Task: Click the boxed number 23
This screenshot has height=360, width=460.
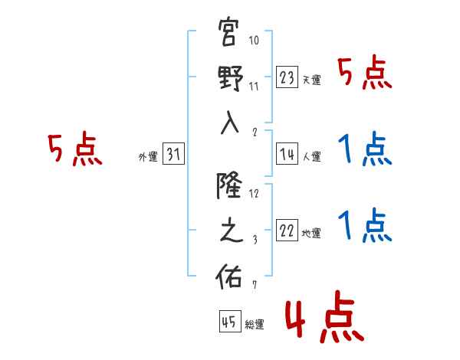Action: (287, 77)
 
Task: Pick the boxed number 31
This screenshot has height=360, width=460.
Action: (173, 155)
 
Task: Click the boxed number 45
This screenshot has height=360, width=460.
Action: (229, 322)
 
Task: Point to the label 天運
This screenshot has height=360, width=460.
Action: (312, 80)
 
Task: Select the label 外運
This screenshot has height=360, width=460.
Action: (147, 157)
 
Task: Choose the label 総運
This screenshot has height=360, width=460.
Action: (255, 324)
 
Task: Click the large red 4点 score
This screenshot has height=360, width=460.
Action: (323, 319)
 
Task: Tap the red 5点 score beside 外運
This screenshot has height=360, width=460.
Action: (74, 150)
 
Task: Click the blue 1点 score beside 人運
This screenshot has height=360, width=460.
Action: (366, 150)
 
